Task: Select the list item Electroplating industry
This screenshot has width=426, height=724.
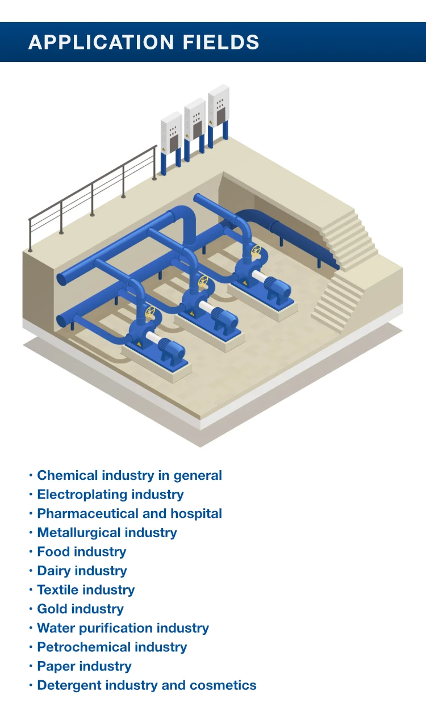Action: (x=110, y=495)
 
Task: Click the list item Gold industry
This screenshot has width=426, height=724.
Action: (x=80, y=609)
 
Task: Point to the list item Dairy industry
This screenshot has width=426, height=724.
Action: (x=82, y=571)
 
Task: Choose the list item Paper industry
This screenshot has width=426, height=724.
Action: (x=84, y=666)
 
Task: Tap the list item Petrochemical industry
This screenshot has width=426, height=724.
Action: (x=112, y=647)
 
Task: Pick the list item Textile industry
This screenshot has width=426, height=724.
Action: (x=86, y=590)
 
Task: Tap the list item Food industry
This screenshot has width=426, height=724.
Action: (x=82, y=552)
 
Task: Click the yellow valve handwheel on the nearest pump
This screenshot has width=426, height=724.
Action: (x=150, y=312)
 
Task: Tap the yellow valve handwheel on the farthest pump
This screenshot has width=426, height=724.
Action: (x=256, y=250)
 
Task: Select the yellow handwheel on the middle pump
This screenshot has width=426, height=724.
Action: (x=203, y=281)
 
